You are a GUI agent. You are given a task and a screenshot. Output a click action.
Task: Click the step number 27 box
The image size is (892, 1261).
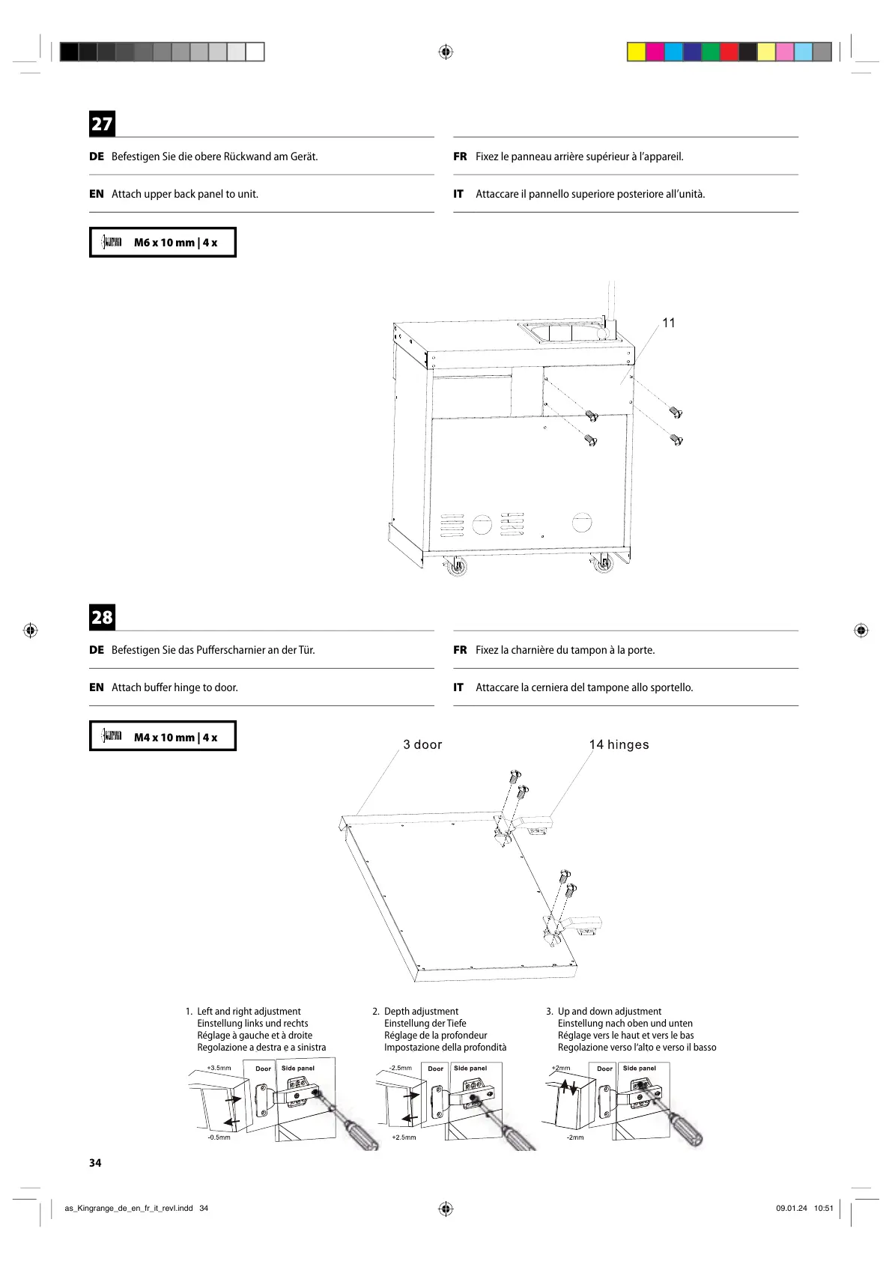(102, 124)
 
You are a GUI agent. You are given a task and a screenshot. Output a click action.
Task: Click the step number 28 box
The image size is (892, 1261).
(102, 617)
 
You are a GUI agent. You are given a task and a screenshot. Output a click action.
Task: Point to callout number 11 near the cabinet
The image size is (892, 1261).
(669, 323)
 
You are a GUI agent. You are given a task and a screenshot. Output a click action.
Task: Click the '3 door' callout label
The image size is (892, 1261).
(422, 744)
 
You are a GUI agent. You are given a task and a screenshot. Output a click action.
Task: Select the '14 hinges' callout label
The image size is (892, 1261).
(619, 744)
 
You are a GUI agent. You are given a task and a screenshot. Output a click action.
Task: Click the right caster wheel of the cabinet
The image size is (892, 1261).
(603, 565)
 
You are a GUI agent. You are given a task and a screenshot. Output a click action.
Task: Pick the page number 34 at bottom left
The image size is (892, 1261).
(95, 1163)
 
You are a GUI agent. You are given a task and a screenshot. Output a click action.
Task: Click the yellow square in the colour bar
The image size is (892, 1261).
(636, 52)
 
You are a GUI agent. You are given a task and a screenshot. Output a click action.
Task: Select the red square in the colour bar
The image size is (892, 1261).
(729, 52)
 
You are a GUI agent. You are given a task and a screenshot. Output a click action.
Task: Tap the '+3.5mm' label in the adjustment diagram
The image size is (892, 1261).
(219, 1068)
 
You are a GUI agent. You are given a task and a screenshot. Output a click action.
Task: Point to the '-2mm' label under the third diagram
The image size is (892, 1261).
(575, 1137)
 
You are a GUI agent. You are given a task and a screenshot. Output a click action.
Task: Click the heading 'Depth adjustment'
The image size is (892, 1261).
(421, 1011)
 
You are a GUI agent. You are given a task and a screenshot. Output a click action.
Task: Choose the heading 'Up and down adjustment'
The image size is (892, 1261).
(610, 1011)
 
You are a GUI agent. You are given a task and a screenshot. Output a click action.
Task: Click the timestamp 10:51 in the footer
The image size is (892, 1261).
(824, 1208)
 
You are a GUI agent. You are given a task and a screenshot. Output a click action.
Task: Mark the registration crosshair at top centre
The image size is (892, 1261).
(446, 52)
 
